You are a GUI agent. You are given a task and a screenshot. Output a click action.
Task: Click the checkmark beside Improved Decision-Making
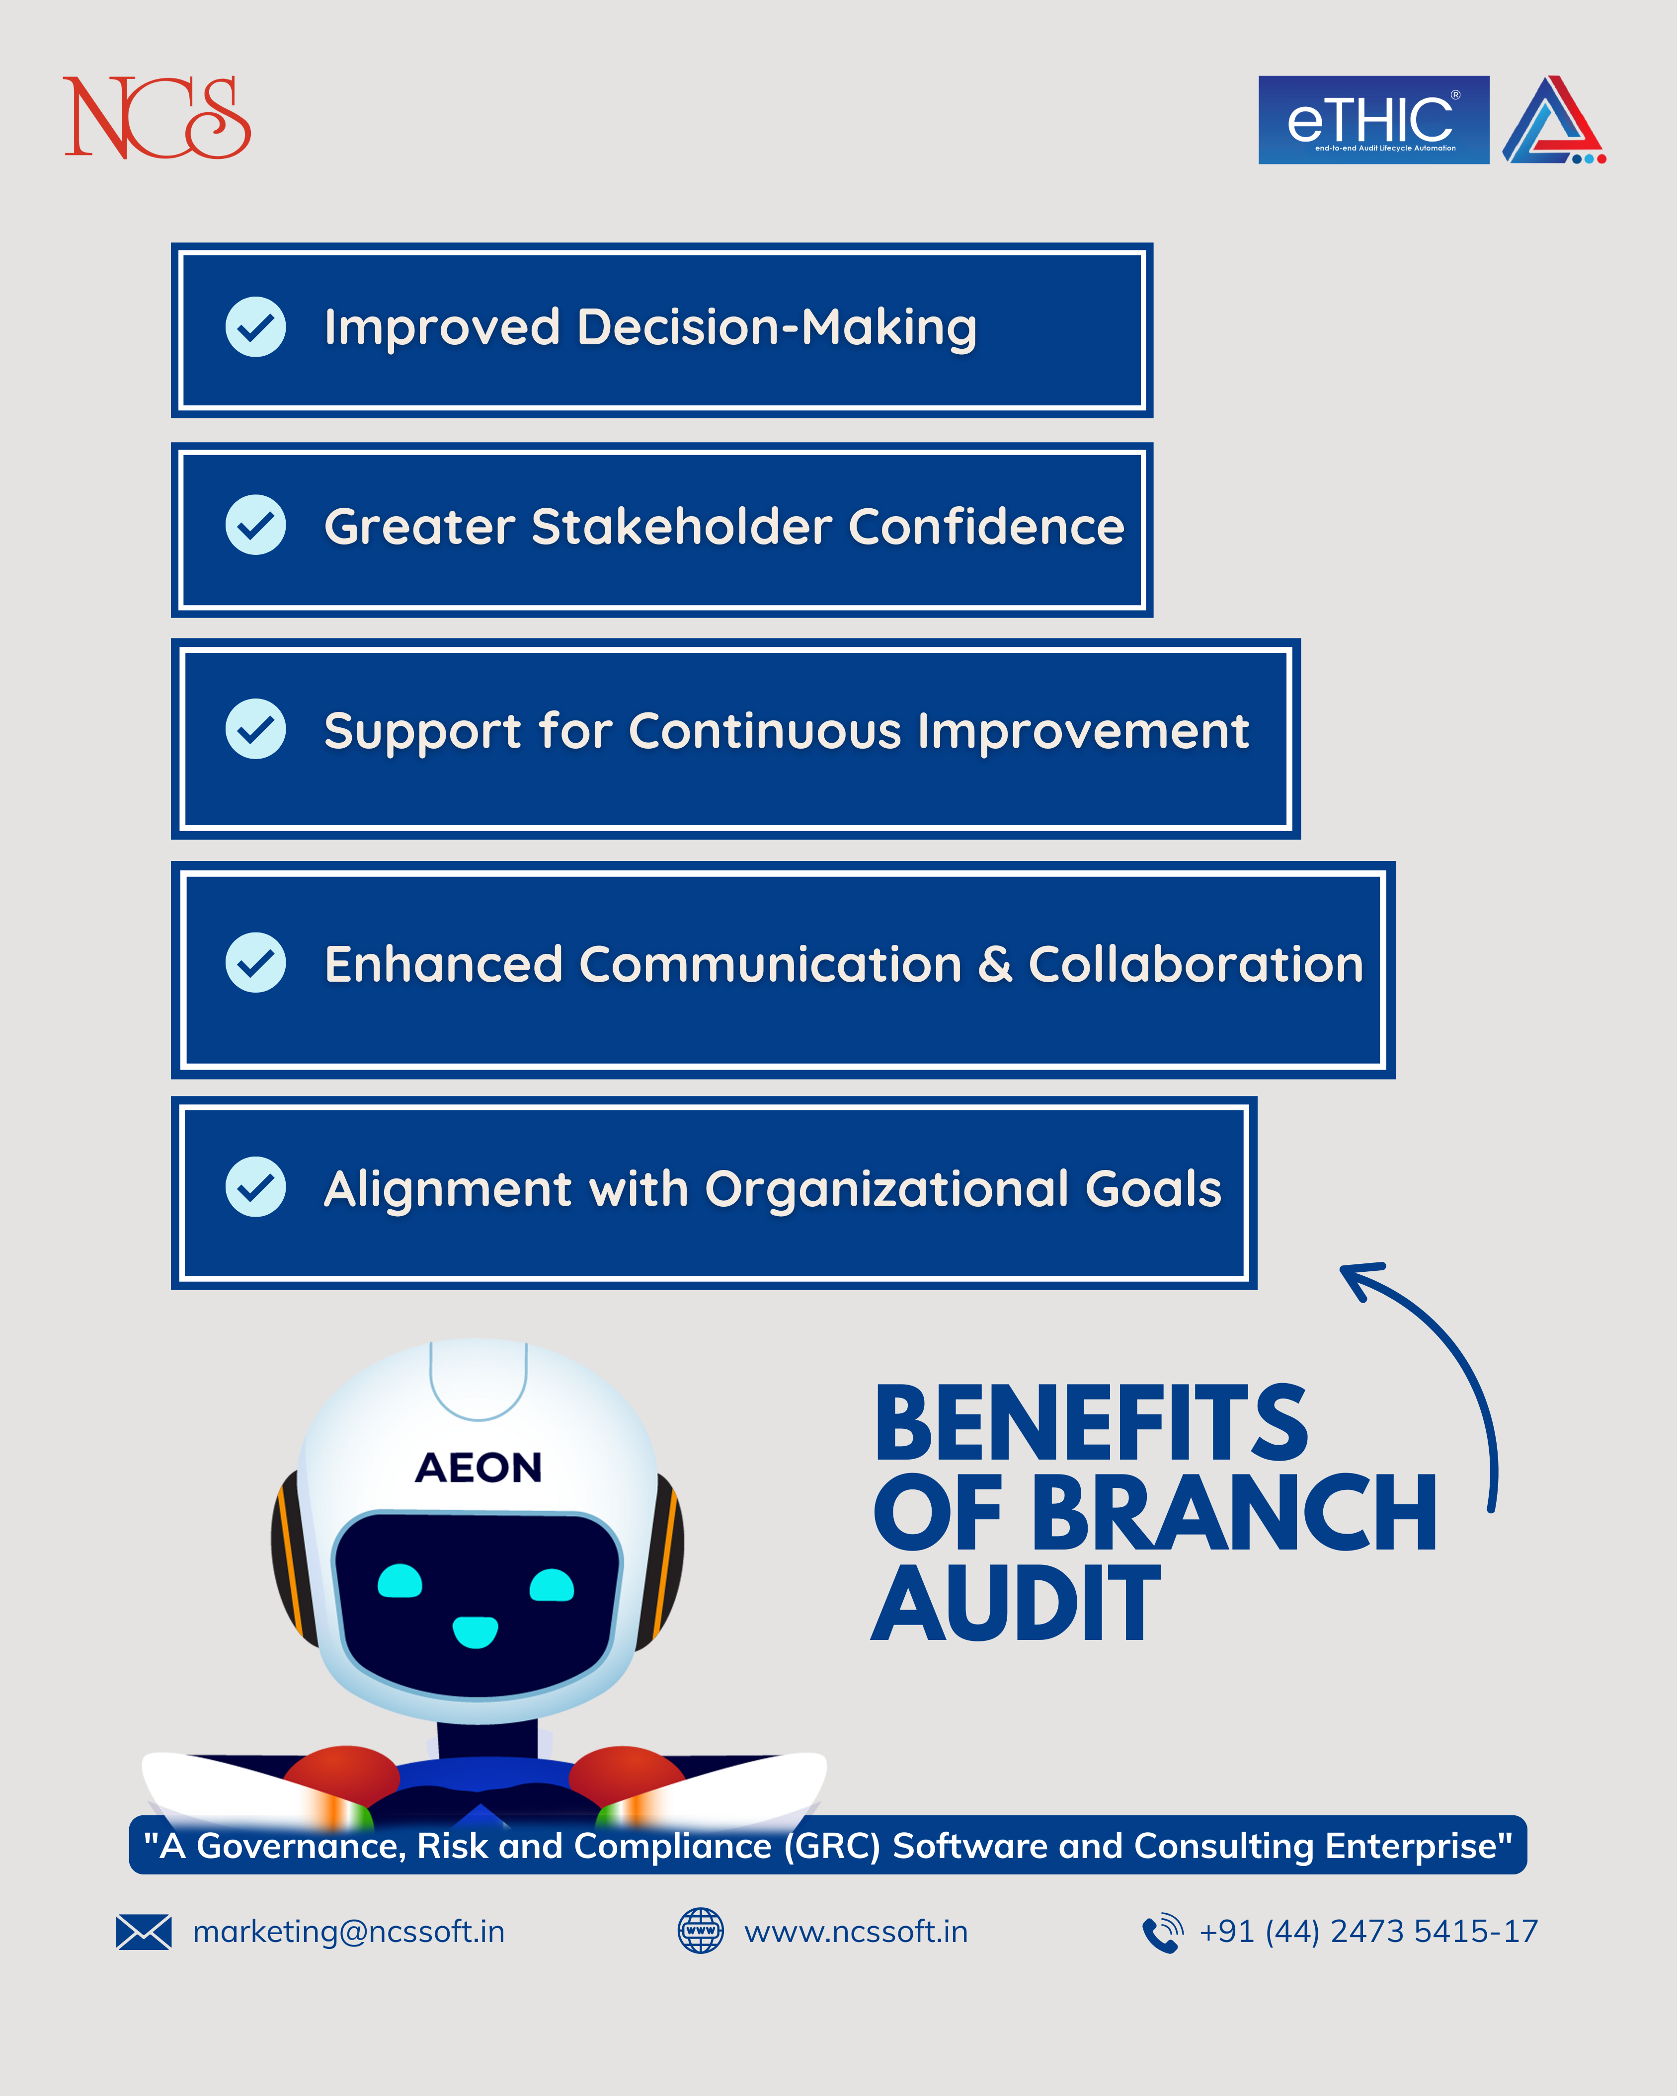coord(256,327)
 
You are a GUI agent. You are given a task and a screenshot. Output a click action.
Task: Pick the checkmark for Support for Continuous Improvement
coord(256,729)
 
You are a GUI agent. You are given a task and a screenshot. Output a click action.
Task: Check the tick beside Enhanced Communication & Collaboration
coord(256,962)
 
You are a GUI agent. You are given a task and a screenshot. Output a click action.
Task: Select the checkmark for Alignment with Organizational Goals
coord(256,1187)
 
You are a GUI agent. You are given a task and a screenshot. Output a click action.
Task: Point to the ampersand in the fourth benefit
coord(995,964)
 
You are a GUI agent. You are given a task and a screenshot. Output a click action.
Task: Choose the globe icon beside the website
coord(700,1931)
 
